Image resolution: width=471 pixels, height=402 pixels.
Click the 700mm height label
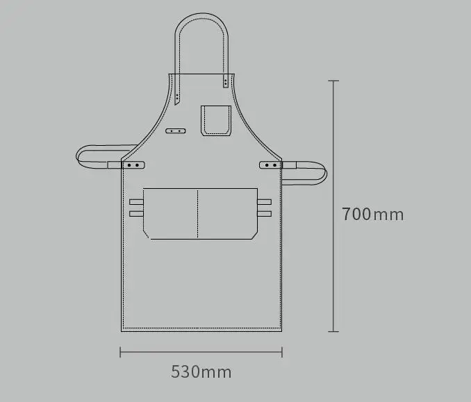click(373, 215)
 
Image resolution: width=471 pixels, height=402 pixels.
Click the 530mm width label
click(201, 371)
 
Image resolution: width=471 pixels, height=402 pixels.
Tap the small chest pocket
click(216, 120)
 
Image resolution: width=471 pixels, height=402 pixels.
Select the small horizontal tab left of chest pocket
click(176, 131)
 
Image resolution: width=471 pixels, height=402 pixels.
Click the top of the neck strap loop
click(202, 14)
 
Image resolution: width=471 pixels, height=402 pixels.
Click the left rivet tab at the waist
click(133, 165)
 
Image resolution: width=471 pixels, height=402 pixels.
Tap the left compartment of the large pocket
click(170, 213)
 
